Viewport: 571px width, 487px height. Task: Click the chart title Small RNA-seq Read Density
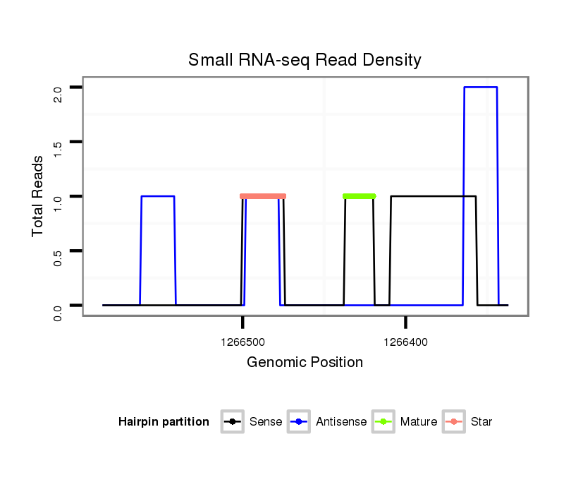305,60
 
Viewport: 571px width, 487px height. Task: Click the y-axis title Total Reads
39,196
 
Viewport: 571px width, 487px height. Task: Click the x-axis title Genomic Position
305,363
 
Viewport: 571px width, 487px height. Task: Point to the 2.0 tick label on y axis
58,93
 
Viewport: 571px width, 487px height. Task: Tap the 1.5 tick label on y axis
58,148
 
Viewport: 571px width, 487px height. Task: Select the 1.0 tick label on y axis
58,202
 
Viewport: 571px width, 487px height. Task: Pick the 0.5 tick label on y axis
58,256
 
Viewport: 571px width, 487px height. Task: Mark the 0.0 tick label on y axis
58,311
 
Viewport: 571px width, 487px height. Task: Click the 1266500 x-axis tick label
242,342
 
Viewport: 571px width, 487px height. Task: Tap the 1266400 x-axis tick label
405,342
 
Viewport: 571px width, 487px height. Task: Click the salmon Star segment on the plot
263,196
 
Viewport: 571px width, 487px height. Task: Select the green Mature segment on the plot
360,196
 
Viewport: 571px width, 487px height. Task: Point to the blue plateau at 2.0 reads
481,88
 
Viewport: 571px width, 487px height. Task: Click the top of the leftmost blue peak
158,196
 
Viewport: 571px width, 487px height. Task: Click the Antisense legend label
341,422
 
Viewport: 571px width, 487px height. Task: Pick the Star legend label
481,422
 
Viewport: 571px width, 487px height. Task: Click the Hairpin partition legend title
164,422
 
